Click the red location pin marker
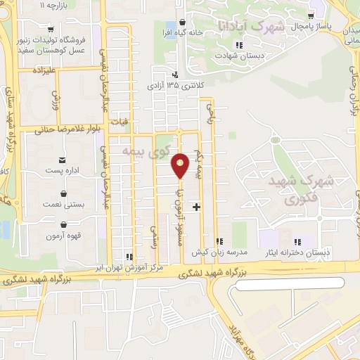(x=181, y=166)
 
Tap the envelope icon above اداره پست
(x=64, y=160)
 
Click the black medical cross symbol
(x=196, y=207)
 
